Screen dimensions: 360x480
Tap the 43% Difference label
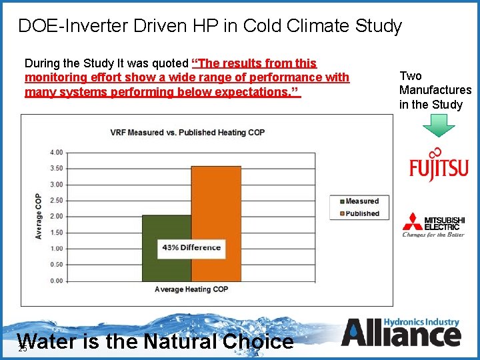(x=191, y=247)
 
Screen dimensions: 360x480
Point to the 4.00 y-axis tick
(x=57, y=153)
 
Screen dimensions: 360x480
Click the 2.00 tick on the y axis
(x=57, y=217)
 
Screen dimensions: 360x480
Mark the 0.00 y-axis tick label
(x=57, y=281)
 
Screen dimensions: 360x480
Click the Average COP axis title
(x=39, y=217)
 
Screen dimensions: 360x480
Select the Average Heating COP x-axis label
(x=191, y=289)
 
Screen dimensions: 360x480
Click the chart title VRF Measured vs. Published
(x=187, y=132)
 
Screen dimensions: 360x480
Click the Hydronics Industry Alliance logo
(x=401, y=331)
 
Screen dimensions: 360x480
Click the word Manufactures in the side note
(x=435, y=90)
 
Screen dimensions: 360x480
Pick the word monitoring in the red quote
(x=54, y=77)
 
